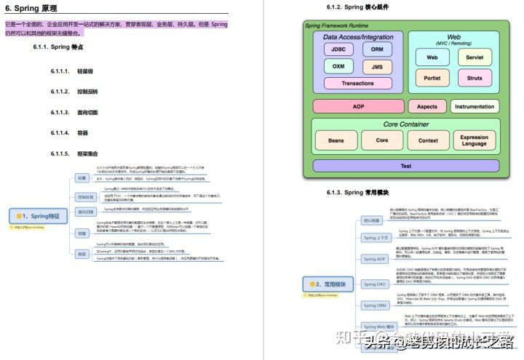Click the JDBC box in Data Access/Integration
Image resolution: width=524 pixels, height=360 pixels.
coord(339,50)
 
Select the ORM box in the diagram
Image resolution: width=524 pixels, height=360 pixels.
coord(376,50)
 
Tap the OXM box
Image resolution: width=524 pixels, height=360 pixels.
coord(339,66)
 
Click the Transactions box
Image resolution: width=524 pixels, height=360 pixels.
coord(357,83)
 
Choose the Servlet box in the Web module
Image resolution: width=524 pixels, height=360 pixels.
coord(474,57)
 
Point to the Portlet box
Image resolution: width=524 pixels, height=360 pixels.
coord(432,78)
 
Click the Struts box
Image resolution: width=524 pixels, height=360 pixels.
coord(474,78)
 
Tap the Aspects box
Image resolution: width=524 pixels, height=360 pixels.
coord(426,106)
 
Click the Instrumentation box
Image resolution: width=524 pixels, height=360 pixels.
coord(474,106)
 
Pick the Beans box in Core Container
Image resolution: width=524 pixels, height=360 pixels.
coord(336,140)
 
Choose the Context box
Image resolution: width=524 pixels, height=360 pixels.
coord(428,140)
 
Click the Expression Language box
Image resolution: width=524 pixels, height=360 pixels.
coord(474,140)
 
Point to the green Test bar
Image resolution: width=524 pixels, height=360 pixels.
coord(405,166)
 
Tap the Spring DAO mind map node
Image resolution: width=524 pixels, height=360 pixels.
coord(376,284)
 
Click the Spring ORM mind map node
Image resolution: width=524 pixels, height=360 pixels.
coord(376,306)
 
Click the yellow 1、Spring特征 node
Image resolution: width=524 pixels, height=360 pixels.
coord(36,216)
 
